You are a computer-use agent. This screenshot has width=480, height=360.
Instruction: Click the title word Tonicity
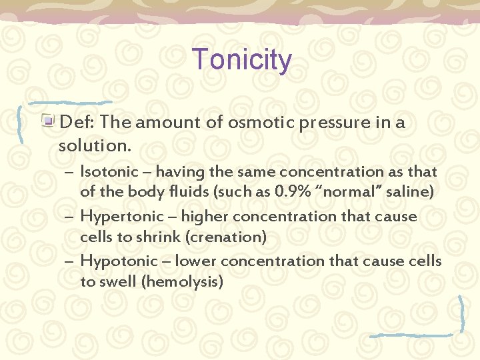click(241, 60)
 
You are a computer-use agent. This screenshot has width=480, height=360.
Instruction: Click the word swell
click(118, 282)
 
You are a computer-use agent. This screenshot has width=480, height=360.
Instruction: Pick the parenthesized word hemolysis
click(182, 282)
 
